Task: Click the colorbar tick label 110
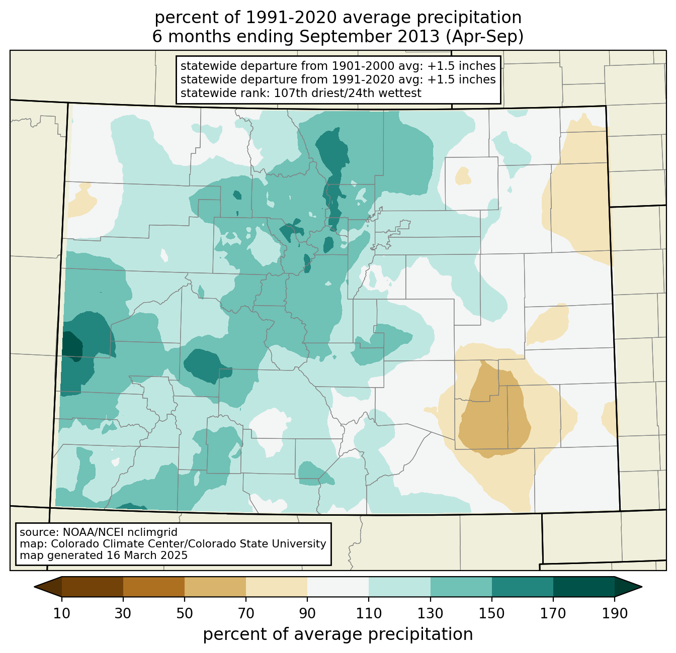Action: point(369,613)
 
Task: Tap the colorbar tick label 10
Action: point(61,613)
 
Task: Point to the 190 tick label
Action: point(615,613)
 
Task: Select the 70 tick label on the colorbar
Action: point(246,613)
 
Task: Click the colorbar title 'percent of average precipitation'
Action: point(337,634)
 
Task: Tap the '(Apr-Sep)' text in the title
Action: point(484,37)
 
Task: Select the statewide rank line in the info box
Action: point(300,93)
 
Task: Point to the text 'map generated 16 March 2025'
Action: point(104,555)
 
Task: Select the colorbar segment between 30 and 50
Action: point(153,587)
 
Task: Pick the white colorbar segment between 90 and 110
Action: point(338,587)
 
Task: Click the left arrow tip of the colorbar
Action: point(34,587)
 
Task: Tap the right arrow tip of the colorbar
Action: point(642,587)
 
